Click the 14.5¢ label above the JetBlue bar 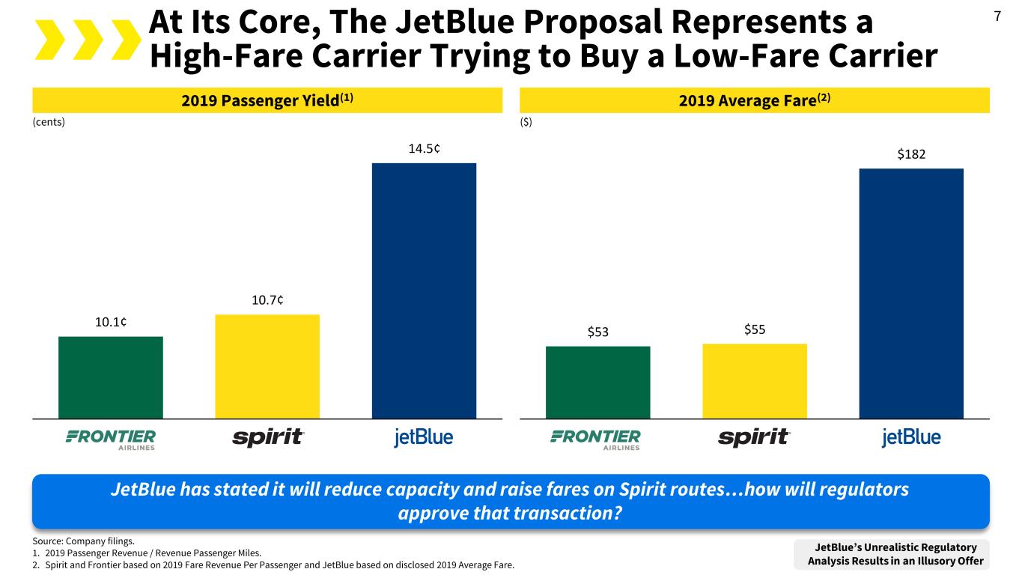pyautogui.click(x=424, y=148)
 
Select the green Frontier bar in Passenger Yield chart pyautogui.click(x=110, y=377)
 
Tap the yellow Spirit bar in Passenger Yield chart pyautogui.click(x=267, y=366)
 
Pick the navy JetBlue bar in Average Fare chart pyautogui.click(x=911, y=293)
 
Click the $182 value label pyautogui.click(x=911, y=154)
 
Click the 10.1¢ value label pyautogui.click(x=111, y=322)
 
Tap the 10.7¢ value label pyautogui.click(x=267, y=300)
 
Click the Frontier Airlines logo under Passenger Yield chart pyautogui.click(x=111, y=439)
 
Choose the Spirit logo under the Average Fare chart pyautogui.click(x=754, y=437)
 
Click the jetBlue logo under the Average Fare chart pyautogui.click(x=911, y=437)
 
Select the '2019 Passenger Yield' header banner pyautogui.click(x=267, y=100)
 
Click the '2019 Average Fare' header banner pyautogui.click(x=754, y=100)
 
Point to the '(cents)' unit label pyautogui.click(x=49, y=123)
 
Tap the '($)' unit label pyautogui.click(x=526, y=123)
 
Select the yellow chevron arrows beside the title pyautogui.click(x=86, y=39)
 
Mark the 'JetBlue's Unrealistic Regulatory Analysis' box pyautogui.click(x=895, y=554)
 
